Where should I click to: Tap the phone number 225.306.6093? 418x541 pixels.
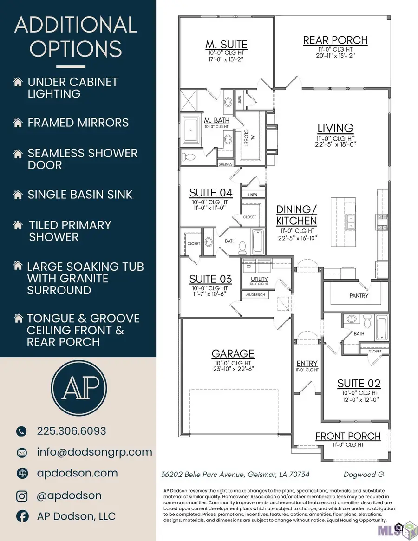click(x=72, y=431)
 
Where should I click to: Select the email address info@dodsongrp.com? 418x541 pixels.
click(x=95, y=452)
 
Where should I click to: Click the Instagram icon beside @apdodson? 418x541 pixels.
click(x=22, y=496)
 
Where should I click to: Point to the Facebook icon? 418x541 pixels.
click(x=22, y=516)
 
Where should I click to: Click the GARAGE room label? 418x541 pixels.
click(x=233, y=354)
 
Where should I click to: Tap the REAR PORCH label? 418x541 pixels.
click(x=335, y=40)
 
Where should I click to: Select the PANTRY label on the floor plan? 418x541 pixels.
click(x=359, y=296)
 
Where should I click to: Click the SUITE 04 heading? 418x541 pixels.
click(x=210, y=193)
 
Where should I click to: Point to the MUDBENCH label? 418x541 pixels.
click(x=255, y=295)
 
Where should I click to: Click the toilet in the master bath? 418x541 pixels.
click(x=188, y=156)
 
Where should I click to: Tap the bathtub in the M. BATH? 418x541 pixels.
click(x=190, y=130)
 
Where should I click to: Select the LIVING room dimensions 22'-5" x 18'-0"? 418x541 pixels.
click(x=335, y=144)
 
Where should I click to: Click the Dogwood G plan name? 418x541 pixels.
click(x=364, y=475)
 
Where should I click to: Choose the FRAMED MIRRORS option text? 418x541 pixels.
click(x=78, y=123)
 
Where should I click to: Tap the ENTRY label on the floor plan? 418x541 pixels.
click(x=307, y=363)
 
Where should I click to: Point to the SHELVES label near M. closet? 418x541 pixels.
click(x=225, y=164)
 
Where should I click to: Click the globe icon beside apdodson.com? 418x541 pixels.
click(x=22, y=473)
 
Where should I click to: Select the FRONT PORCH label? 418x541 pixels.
click(x=348, y=436)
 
